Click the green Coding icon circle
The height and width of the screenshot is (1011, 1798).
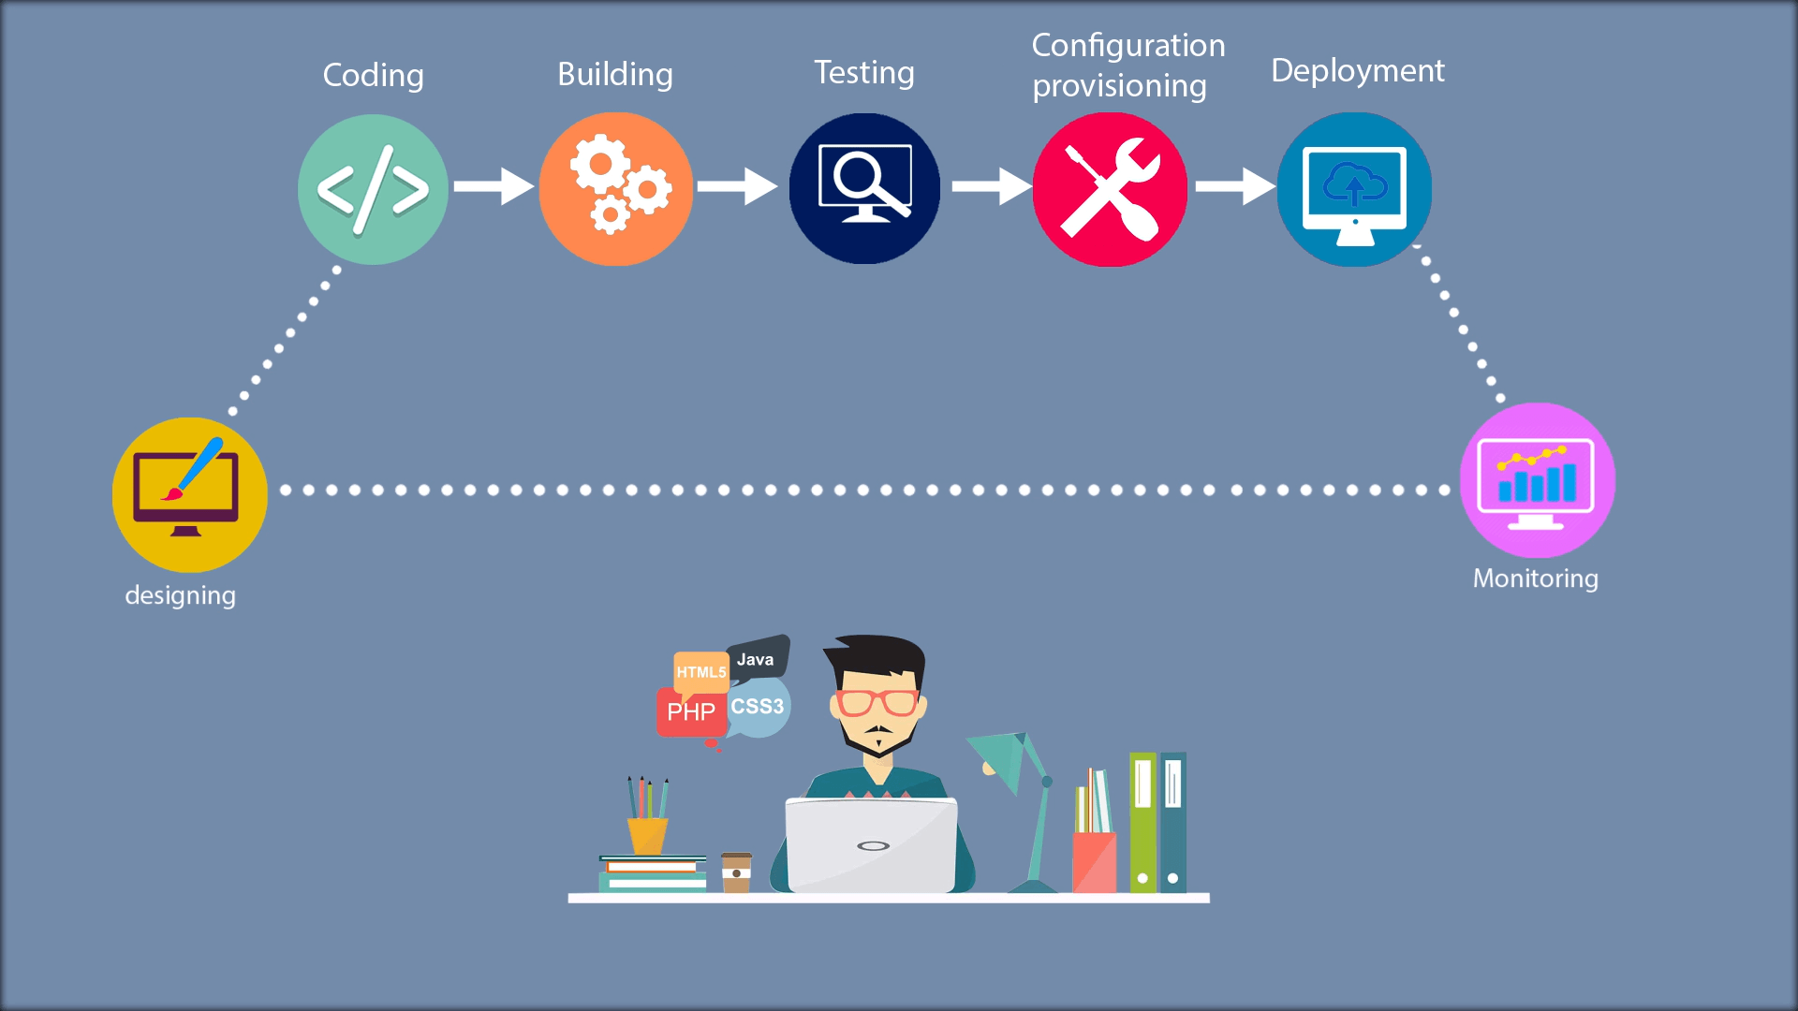click(373, 189)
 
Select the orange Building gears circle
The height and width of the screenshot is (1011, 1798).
click(616, 189)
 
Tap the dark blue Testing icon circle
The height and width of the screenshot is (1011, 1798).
click(864, 188)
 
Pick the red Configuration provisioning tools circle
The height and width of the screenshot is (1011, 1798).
click(1110, 189)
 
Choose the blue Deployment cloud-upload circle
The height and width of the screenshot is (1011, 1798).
click(1354, 189)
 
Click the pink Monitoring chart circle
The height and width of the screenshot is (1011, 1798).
click(1537, 480)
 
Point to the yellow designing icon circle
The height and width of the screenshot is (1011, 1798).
click(189, 494)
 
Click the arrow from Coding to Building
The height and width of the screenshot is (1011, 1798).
click(494, 186)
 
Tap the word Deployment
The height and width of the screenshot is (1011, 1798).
click(1357, 71)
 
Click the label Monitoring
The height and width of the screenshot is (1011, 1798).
click(1535, 579)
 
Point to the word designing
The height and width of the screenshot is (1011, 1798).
click(180, 595)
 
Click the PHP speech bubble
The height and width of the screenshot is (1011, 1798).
click(691, 712)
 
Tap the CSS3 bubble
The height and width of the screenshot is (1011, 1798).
click(759, 707)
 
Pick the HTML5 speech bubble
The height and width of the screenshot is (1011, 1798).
click(700, 671)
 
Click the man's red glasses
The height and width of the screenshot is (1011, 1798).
click(877, 702)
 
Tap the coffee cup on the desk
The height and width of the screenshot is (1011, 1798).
click(736, 872)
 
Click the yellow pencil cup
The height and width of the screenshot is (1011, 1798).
click(647, 834)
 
